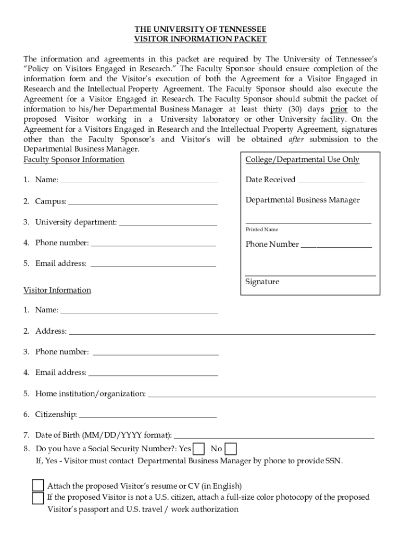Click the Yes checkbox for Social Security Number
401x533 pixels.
198,449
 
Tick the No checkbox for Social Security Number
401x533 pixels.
230,449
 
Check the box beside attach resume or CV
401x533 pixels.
37,486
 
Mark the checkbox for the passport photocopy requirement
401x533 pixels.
37,498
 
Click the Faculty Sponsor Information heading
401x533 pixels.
73,160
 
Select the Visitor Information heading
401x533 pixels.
57,290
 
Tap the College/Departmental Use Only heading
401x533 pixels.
302,160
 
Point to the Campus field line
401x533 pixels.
143,204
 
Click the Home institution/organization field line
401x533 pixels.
261,396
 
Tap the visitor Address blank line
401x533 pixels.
222,333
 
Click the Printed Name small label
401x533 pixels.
262,230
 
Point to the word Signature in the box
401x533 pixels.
262,282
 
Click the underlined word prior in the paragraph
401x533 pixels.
339,109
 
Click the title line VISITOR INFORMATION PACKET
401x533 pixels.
200,39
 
